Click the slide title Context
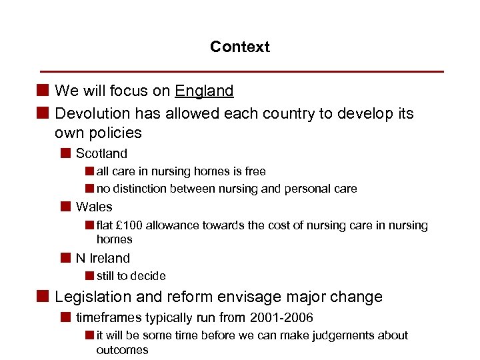point(240,47)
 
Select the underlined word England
point(204,91)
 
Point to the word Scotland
point(101,153)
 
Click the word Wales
point(94,207)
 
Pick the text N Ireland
point(103,258)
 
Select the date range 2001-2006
point(281,318)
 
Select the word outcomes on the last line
point(122,350)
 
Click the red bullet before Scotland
point(65,153)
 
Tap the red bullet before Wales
point(65,207)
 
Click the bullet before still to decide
point(89,276)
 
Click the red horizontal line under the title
point(242,71)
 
